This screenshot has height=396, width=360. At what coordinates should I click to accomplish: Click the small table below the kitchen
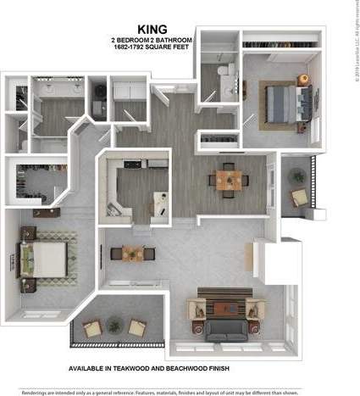tap(132, 253)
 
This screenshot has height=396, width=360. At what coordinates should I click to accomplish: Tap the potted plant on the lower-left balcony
tap(91, 326)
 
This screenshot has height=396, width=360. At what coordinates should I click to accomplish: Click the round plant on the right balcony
tap(297, 175)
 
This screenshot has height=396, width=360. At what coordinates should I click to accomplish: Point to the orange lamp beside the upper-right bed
tap(303, 80)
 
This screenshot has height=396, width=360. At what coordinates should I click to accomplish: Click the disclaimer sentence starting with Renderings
tap(180, 391)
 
